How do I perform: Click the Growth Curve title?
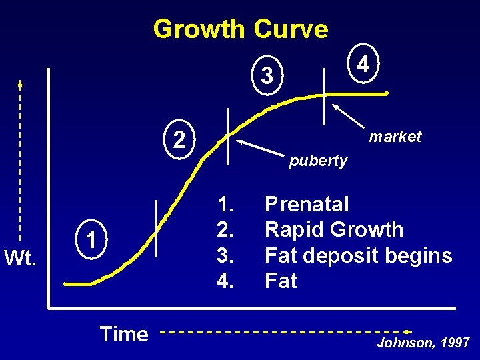point(241,29)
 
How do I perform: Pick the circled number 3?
point(267,75)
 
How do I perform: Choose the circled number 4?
point(363,64)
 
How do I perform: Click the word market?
point(395,137)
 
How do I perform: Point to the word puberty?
point(318,161)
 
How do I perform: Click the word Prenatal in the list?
point(307,203)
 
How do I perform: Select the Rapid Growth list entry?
point(334,229)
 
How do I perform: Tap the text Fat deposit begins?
point(358,255)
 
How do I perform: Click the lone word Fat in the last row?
point(281,281)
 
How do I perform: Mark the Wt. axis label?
point(21,256)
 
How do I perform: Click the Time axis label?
point(123,333)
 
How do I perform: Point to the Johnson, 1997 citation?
point(423,343)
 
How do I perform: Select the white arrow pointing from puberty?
point(261,149)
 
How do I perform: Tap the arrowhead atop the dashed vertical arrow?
point(20,83)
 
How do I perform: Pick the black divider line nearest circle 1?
point(157,228)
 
